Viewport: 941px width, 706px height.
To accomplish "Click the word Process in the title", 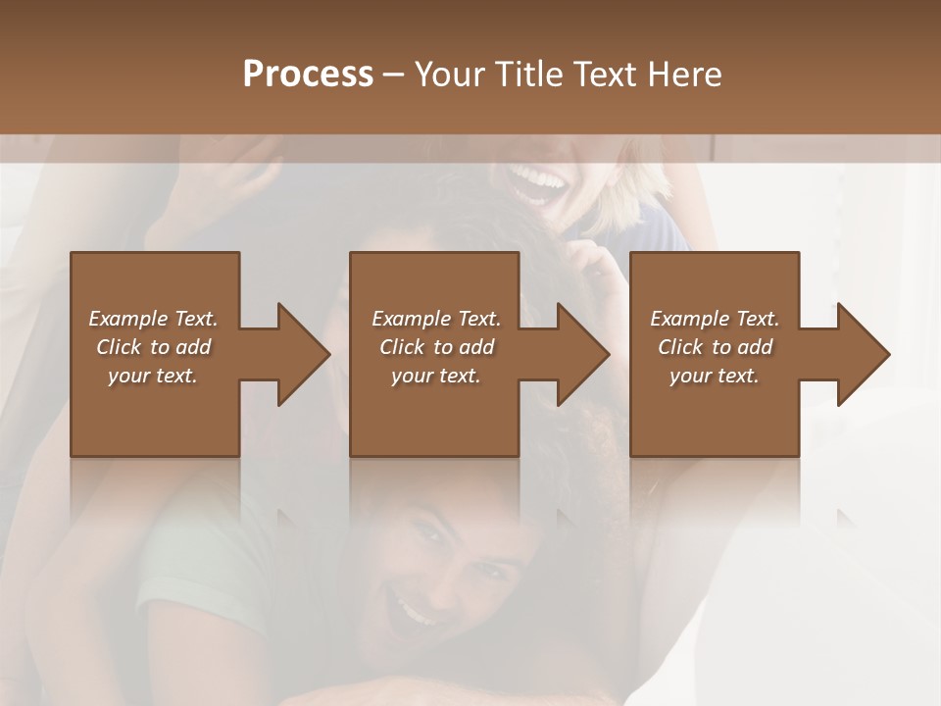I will click(308, 74).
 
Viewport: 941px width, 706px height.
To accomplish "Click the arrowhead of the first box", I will click(299, 354).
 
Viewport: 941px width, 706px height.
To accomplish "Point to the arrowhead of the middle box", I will click(578, 354).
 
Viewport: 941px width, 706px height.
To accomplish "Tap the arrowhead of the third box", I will click(859, 354).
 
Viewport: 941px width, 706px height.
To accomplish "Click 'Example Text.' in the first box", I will click(153, 319).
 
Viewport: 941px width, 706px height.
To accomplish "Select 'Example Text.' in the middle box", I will click(435, 319).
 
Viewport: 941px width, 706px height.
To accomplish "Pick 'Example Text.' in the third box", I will click(715, 319).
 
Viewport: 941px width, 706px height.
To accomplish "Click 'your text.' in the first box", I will click(153, 376).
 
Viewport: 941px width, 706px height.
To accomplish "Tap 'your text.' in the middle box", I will click(435, 376).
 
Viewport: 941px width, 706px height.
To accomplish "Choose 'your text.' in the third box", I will click(715, 376).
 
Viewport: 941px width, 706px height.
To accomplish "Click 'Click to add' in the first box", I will click(153, 347).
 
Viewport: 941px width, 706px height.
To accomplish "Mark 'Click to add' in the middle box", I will click(435, 347).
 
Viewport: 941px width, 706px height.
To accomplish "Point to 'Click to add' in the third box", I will click(715, 347).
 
